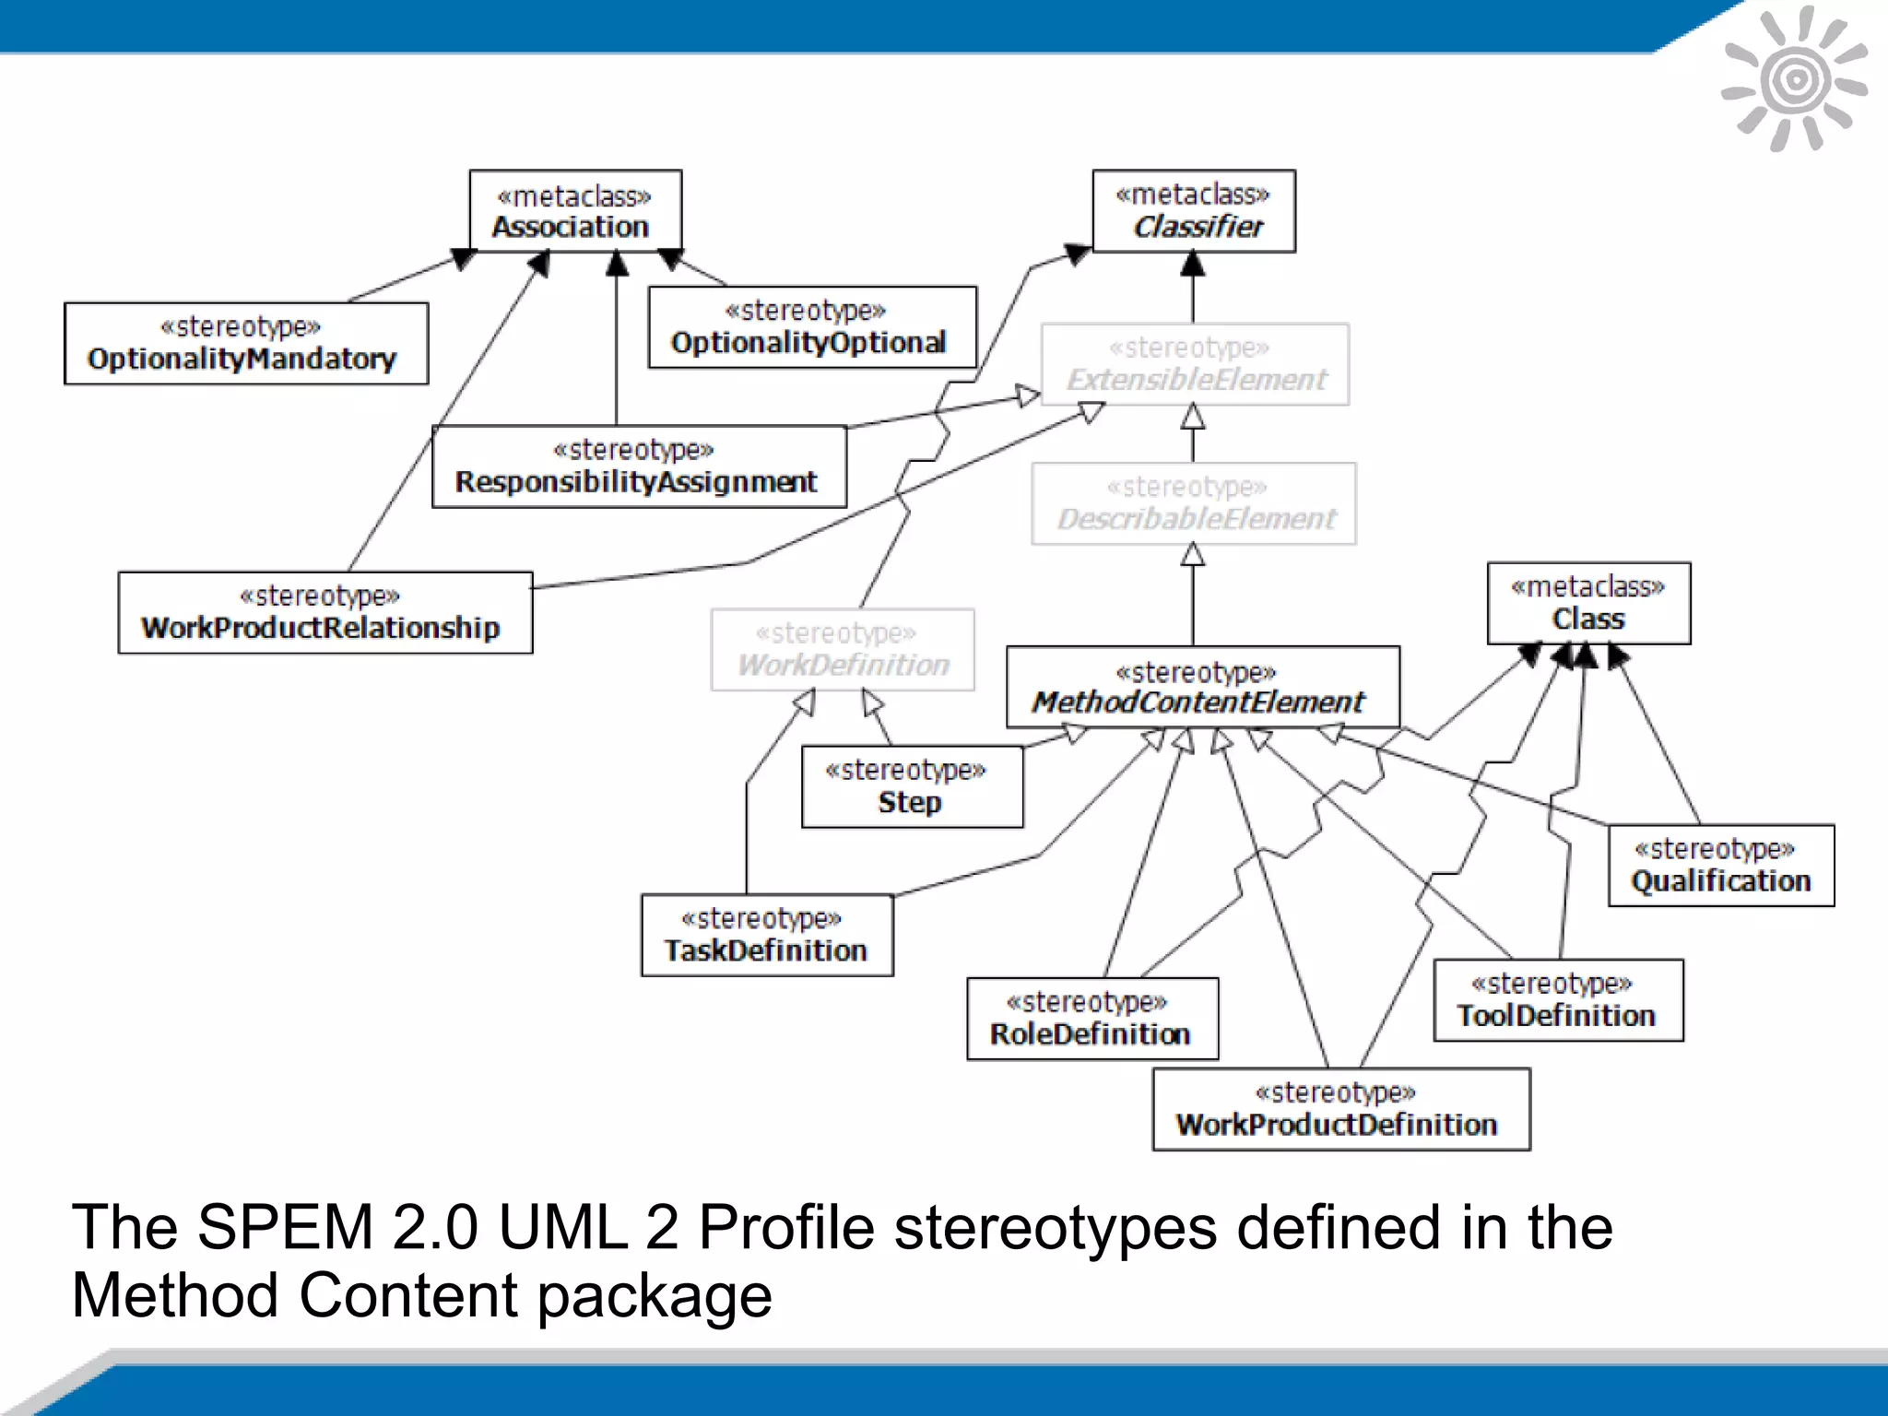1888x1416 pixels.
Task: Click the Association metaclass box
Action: click(x=575, y=210)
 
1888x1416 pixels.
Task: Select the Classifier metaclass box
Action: click(x=1193, y=210)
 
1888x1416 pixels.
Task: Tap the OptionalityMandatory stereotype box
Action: click(x=246, y=343)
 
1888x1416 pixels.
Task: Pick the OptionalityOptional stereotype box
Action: click(x=811, y=327)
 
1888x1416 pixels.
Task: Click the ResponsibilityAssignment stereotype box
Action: click(x=639, y=466)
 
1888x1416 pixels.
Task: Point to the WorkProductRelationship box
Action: click(x=324, y=612)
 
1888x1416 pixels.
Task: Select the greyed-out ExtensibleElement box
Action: click(x=1195, y=364)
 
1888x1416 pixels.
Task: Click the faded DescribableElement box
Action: click(x=1193, y=503)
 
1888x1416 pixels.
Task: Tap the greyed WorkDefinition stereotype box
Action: click(x=842, y=649)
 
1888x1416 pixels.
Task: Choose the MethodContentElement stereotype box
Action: click(x=1202, y=687)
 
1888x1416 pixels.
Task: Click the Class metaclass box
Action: click(x=1587, y=603)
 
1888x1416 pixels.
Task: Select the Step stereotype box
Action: click(x=912, y=786)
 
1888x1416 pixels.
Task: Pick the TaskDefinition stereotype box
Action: click(x=766, y=935)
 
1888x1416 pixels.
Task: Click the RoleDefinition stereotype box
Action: click(x=1091, y=1019)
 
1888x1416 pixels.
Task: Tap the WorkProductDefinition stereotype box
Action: click(x=1340, y=1109)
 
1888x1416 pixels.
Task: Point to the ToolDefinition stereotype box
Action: click(x=1557, y=1000)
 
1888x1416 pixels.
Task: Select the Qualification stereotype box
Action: click(x=1720, y=866)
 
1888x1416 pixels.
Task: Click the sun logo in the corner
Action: click(x=1794, y=79)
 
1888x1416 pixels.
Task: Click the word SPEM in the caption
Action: click(x=285, y=1228)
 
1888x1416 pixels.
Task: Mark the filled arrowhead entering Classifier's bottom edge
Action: click(x=1193, y=265)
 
